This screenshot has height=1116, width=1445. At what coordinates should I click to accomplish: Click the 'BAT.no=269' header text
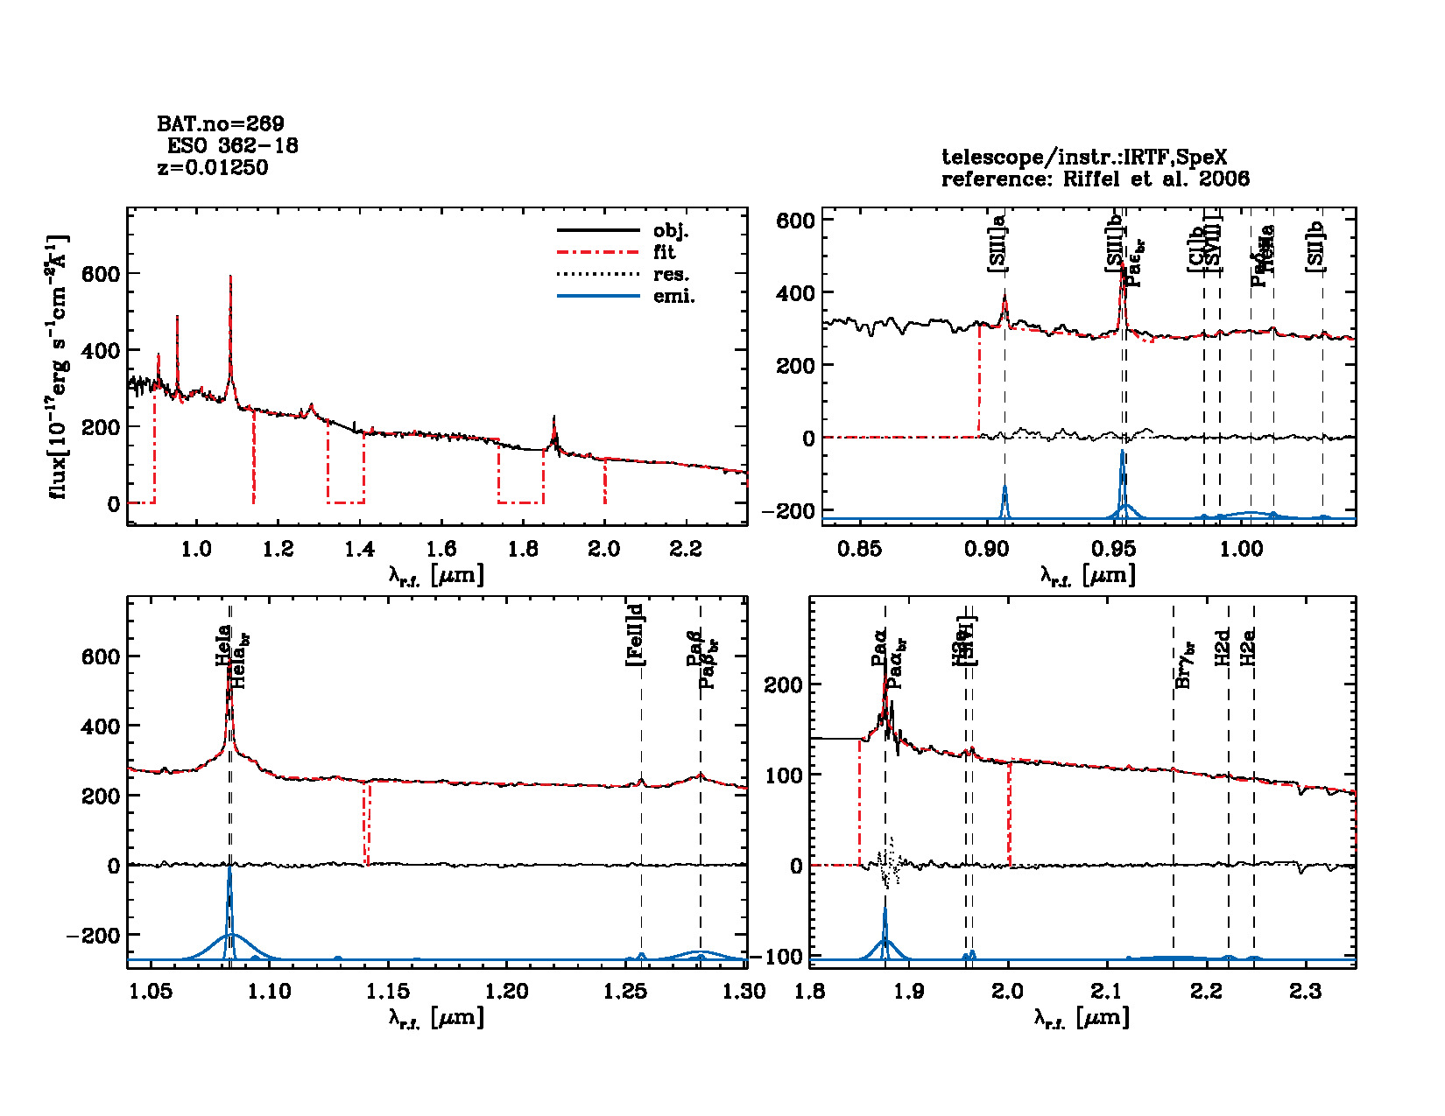point(221,123)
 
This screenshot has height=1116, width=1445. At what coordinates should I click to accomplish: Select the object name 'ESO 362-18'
point(232,145)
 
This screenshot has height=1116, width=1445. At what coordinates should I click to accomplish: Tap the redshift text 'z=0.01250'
point(213,167)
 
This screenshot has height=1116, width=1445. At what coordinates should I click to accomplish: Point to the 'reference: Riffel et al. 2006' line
point(1096,179)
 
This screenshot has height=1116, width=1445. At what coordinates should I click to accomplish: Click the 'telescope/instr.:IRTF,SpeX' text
point(1084,158)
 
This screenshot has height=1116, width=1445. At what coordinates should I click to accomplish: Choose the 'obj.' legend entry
point(671,231)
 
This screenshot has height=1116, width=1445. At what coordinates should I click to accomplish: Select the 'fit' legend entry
point(665,252)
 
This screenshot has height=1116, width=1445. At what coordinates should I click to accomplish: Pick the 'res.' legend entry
point(671,275)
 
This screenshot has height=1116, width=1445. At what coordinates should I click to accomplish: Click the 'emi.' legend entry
point(673,297)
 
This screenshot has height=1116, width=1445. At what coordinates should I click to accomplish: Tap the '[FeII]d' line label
point(636,635)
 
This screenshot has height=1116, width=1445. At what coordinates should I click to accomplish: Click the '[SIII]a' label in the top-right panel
point(997,243)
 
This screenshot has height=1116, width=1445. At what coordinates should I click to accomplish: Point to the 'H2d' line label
point(1223,646)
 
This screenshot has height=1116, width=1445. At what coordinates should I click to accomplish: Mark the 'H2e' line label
point(1250,646)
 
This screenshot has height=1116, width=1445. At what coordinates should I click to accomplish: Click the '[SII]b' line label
point(1315,247)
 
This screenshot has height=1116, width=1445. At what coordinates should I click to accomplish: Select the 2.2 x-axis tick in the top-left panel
point(686,549)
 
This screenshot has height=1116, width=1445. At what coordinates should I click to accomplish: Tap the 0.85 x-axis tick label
point(859,549)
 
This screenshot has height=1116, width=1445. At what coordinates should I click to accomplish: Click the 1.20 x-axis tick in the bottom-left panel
point(507,991)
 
